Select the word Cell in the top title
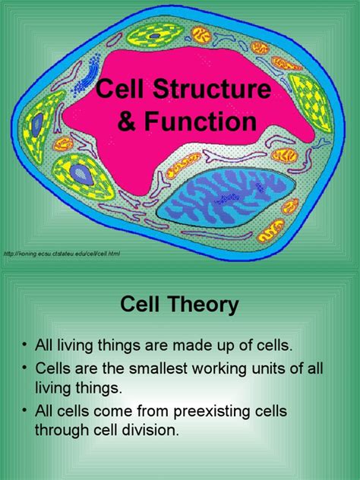120,93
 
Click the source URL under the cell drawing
62,253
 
